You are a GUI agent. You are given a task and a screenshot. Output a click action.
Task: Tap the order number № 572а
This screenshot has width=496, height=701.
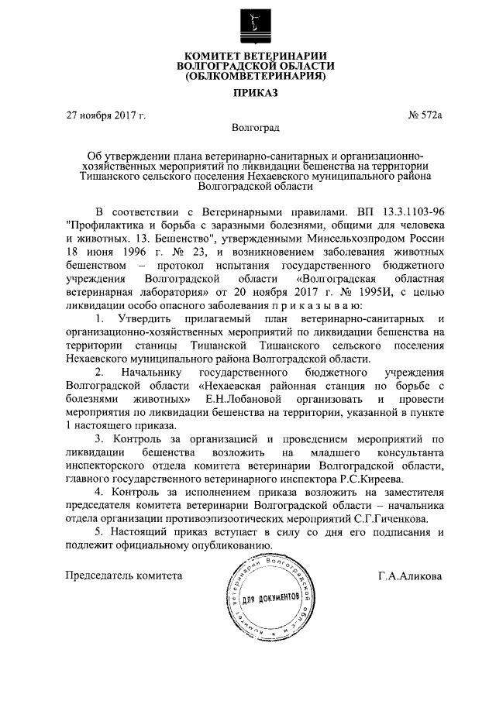425,117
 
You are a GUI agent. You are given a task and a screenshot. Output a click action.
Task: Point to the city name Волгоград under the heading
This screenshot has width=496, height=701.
255,127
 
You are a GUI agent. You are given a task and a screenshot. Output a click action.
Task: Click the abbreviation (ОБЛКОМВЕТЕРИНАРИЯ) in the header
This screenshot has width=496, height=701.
255,77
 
